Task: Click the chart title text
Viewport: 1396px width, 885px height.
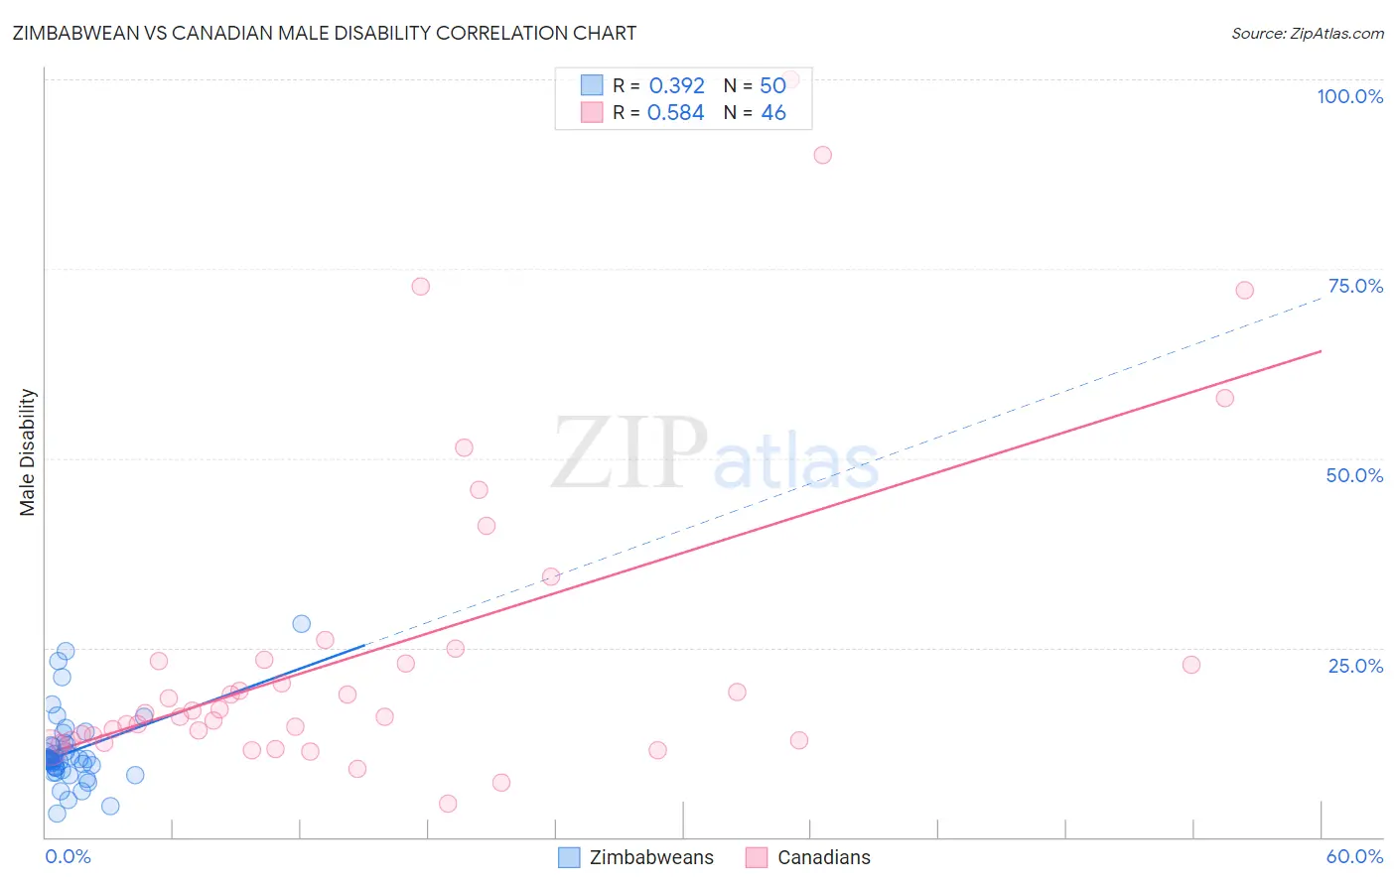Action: click(x=324, y=33)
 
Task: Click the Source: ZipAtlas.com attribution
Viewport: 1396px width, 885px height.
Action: click(x=1307, y=34)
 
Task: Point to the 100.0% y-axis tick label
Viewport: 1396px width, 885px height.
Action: click(x=1349, y=96)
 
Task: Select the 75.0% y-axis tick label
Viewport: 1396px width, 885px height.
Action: click(x=1355, y=286)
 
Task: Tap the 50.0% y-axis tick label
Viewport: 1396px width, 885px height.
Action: click(x=1354, y=475)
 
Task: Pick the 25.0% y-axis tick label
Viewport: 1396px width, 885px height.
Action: click(x=1355, y=666)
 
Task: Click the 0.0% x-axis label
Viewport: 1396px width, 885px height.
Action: click(x=68, y=856)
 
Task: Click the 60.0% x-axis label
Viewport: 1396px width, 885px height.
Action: click(x=1354, y=856)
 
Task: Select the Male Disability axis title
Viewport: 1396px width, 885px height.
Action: click(x=28, y=451)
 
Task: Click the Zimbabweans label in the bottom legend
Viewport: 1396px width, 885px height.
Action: click(x=651, y=857)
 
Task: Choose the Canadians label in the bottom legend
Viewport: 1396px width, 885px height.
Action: click(x=823, y=857)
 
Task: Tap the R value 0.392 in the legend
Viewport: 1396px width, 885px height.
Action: click(x=676, y=86)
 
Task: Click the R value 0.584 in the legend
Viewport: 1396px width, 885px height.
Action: click(x=675, y=113)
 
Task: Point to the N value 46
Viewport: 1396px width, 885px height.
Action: click(x=773, y=113)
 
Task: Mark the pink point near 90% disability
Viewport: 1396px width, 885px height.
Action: click(x=822, y=155)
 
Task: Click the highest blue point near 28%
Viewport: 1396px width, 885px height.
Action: click(x=301, y=624)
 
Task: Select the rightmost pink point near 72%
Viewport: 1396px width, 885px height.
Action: click(x=1244, y=290)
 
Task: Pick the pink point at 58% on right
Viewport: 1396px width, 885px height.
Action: click(x=1224, y=398)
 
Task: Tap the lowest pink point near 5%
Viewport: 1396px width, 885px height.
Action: click(x=448, y=804)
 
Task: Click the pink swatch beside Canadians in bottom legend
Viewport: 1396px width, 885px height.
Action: click(x=757, y=857)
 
